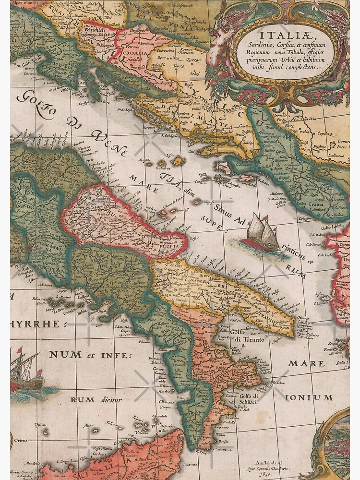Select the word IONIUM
(x=309, y=398)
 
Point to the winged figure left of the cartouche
(x=222, y=38)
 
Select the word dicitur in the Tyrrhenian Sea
(x=110, y=399)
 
